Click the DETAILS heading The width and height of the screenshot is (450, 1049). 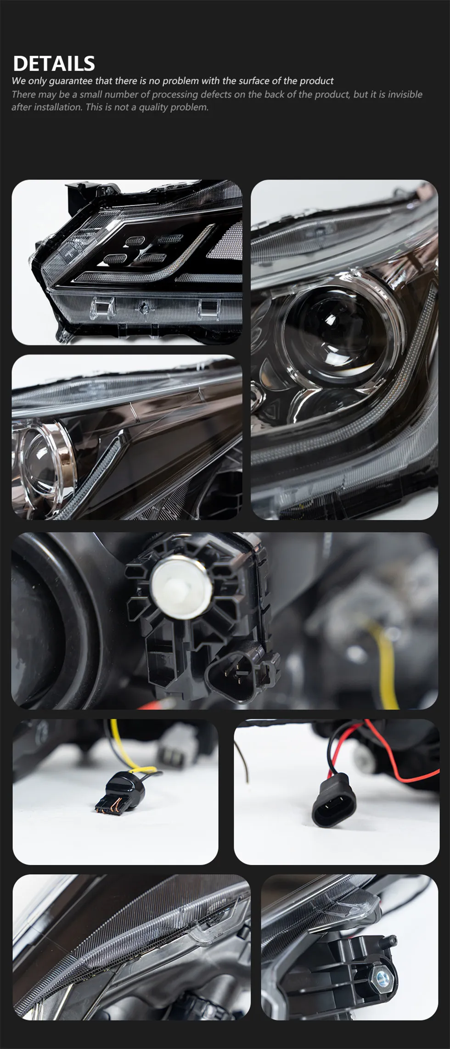pos(54,63)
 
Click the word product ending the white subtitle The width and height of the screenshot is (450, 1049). pos(316,81)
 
